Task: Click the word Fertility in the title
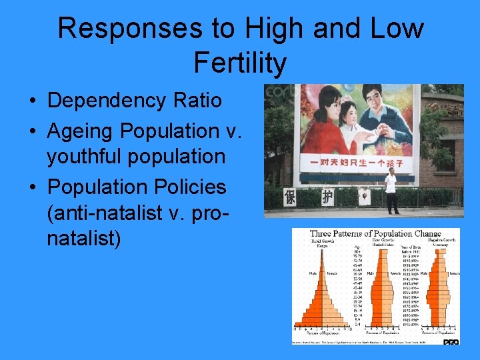[240, 63]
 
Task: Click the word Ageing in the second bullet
[85, 129]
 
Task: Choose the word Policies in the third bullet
[191, 186]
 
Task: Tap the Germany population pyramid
[440, 297]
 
